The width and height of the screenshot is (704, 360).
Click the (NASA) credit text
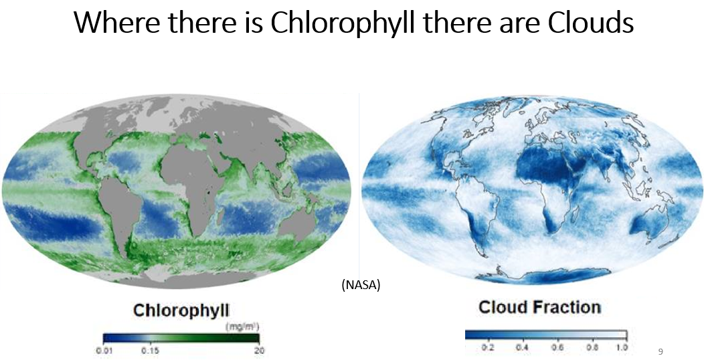(x=361, y=284)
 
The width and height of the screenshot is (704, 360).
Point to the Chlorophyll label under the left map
(x=181, y=310)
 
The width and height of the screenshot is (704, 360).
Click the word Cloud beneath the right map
(x=503, y=308)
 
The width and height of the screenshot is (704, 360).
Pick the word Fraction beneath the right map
(x=567, y=308)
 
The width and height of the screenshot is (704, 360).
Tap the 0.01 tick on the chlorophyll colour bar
(x=104, y=351)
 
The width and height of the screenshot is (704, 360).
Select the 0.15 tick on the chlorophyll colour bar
(x=149, y=351)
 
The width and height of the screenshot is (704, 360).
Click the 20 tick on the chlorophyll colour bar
(x=259, y=351)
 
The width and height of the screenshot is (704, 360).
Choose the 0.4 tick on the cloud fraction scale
(x=522, y=347)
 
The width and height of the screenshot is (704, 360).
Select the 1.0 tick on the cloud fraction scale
(x=622, y=347)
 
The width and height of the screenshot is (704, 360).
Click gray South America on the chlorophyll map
(x=114, y=207)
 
